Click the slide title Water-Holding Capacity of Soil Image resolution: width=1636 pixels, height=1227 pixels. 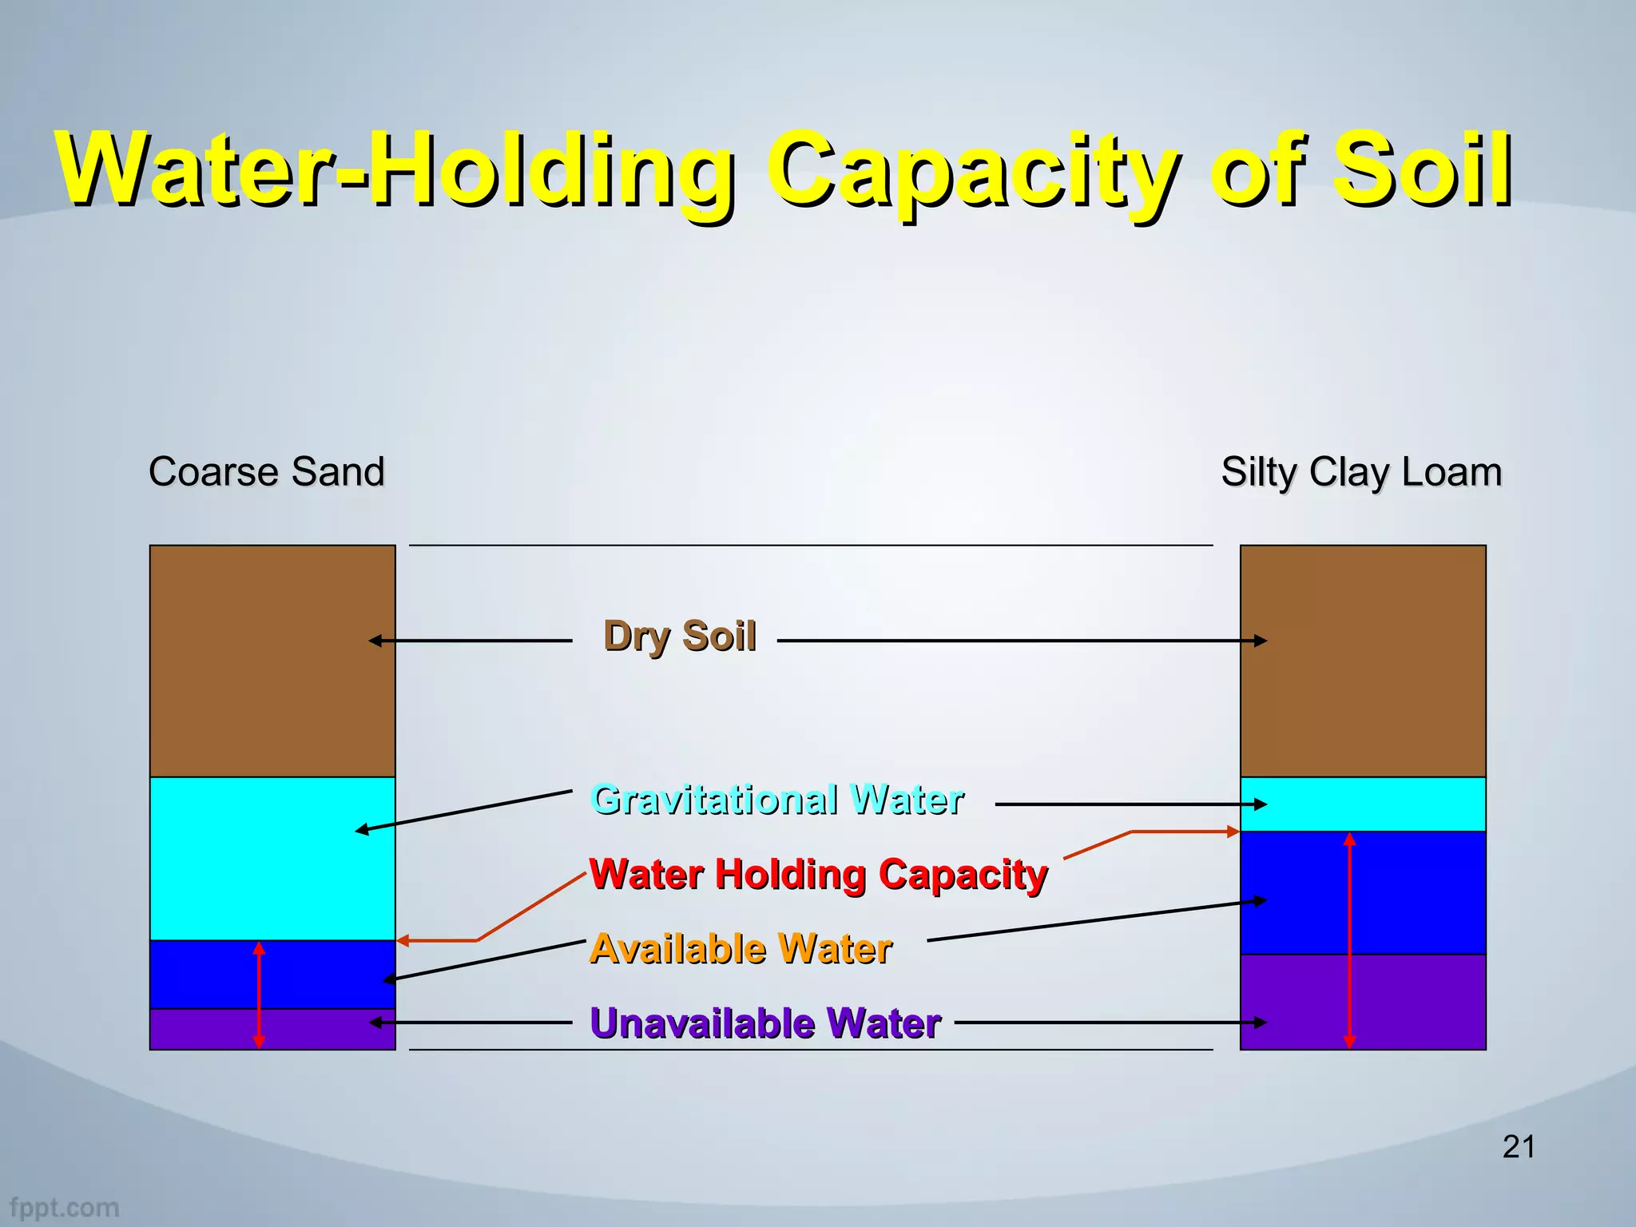(x=783, y=169)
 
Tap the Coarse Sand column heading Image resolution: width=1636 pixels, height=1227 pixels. (x=266, y=471)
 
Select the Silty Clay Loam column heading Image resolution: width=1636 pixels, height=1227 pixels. (x=1361, y=471)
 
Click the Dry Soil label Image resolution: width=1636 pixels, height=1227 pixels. (x=679, y=637)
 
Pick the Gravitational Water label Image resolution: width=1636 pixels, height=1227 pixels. (x=777, y=800)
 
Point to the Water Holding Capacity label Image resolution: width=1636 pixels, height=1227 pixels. (x=818, y=874)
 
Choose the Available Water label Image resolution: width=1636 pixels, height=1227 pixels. (x=741, y=949)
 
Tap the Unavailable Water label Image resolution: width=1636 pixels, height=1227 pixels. (x=765, y=1023)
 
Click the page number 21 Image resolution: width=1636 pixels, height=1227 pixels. (x=1519, y=1147)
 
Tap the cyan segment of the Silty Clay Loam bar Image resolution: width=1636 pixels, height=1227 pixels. (x=1406, y=804)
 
